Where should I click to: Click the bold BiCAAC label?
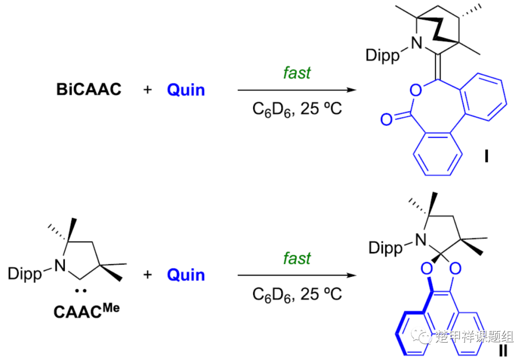(88, 90)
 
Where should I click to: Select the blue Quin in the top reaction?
(186, 90)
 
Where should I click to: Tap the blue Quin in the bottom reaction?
(186, 274)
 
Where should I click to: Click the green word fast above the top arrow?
(296, 72)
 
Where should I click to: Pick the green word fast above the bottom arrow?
(296, 258)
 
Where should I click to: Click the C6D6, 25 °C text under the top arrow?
(297, 109)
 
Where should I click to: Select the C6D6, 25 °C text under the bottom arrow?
(297, 294)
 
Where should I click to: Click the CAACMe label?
(87, 311)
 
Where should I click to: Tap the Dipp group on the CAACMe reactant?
(25, 273)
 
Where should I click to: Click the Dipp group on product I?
(383, 55)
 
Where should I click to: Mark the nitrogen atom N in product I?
(416, 43)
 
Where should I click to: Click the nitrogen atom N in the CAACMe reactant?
(60, 266)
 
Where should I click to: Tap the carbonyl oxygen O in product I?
(386, 119)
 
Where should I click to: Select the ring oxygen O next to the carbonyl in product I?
(416, 90)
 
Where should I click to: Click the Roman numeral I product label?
(487, 156)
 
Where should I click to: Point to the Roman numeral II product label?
(503, 350)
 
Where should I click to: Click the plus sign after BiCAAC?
(147, 90)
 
